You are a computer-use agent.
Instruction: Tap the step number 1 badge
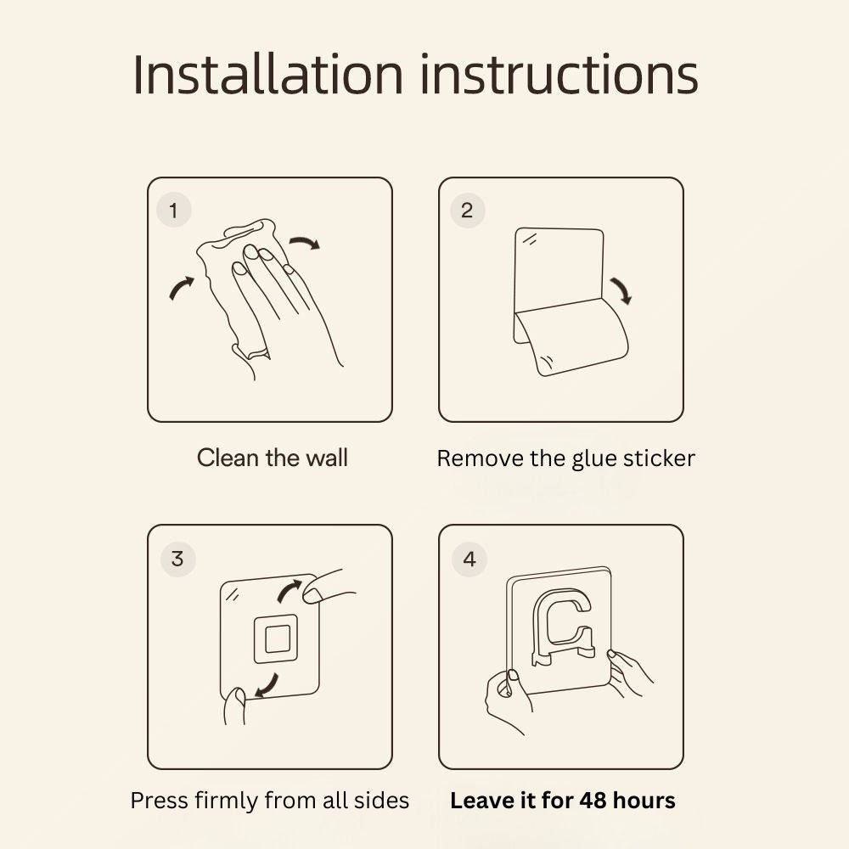click(174, 210)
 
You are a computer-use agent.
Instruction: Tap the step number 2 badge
click(467, 210)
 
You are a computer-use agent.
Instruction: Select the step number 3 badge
click(177, 559)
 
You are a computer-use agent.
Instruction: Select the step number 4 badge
click(469, 559)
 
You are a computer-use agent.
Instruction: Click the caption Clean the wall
click(272, 458)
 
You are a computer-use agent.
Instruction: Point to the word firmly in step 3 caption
click(227, 801)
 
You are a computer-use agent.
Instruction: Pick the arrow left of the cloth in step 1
click(182, 288)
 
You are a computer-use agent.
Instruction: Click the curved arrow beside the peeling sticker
click(621, 291)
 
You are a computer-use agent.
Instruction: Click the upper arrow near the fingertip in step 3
click(290, 591)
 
